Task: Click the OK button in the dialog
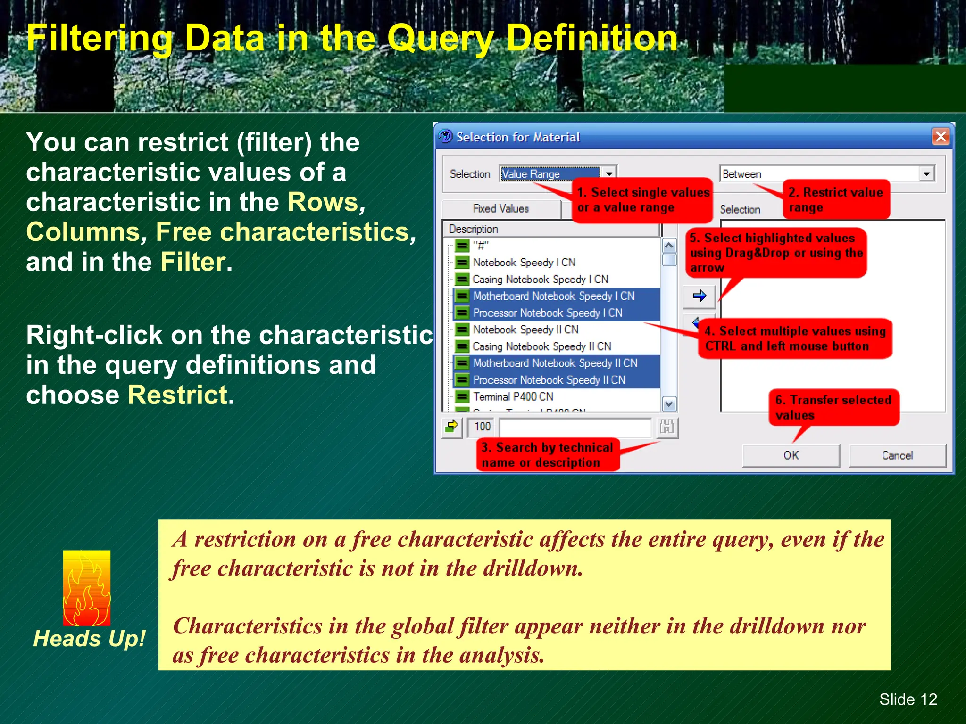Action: (791, 455)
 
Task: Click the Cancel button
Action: (897, 455)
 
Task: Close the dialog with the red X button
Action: (941, 137)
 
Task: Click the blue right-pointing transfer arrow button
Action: (699, 296)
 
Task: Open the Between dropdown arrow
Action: (926, 174)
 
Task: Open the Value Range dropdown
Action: (609, 174)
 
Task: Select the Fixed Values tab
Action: (501, 209)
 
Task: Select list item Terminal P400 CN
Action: (513, 397)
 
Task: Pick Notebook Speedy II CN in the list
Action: (525, 329)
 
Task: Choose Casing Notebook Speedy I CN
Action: (540, 280)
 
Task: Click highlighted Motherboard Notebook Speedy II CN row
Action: (555, 363)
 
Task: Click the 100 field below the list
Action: (482, 427)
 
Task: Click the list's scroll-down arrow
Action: (669, 404)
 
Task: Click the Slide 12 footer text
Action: (908, 699)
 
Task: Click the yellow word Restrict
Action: (178, 395)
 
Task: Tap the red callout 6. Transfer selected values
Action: (833, 408)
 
